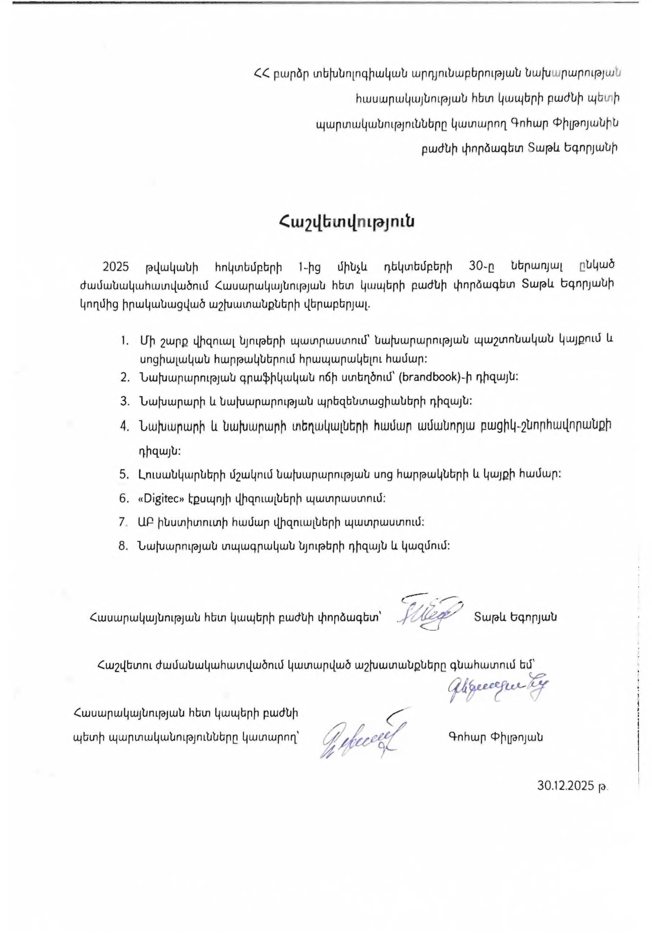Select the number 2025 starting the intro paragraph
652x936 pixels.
[116, 267]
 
